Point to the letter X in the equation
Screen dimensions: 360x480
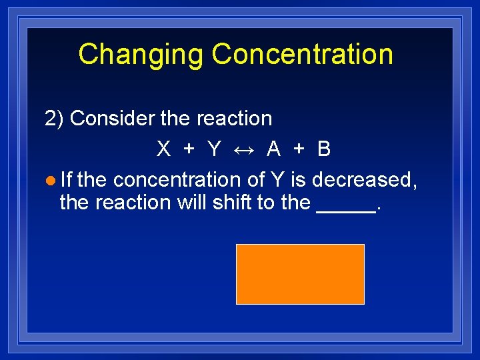point(163,149)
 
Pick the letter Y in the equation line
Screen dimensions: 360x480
point(213,149)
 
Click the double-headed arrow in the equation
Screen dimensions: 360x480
point(243,149)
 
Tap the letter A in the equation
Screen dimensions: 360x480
point(273,149)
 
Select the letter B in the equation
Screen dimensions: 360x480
point(324,149)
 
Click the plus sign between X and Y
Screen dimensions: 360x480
point(189,149)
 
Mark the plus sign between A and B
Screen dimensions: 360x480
point(299,149)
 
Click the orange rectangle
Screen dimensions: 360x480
point(300,274)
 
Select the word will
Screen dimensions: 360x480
point(192,202)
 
